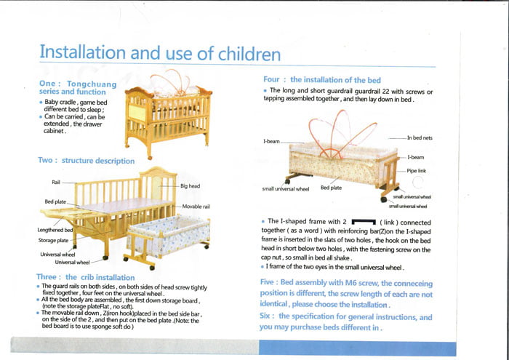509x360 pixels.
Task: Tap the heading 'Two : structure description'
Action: [x=86, y=160]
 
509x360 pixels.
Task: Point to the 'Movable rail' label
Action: [x=196, y=207]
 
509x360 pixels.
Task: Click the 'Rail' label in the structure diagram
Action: [x=56, y=182]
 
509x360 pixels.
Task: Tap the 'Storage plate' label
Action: [x=54, y=240]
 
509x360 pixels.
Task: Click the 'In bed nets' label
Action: [x=420, y=137]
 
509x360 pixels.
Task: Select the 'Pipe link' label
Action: [x=417, y=170]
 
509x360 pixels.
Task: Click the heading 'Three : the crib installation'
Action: [x=85, y=277]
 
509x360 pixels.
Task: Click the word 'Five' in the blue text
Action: [x=268, y=282]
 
